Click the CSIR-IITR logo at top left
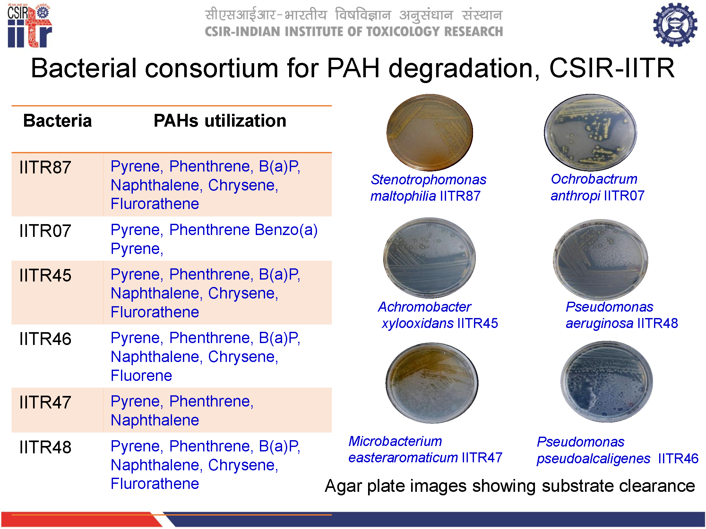(30, 26)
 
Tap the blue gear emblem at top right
(675, 25)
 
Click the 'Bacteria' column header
(57, 121)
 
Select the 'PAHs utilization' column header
(220, 121)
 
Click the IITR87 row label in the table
(45, 167)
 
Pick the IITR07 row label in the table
(45, 231)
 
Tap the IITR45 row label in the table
(45, 275)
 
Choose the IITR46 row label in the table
(45, 339)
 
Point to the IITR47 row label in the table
(45, 402)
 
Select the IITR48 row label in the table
(45, 447)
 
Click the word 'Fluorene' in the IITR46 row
(141, 375)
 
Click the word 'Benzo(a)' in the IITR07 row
(286, 230)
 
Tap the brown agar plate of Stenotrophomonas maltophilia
(430, 132)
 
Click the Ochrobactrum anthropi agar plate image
(590, 132)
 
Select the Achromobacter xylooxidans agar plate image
(429, 258)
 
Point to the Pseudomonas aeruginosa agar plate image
(600, 259)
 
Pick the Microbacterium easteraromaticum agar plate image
(432, 383)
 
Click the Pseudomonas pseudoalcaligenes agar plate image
(607, 382)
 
